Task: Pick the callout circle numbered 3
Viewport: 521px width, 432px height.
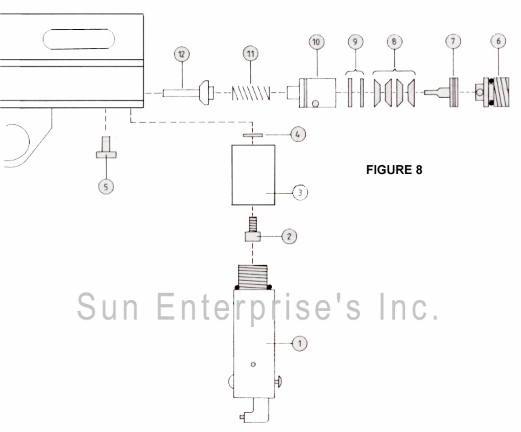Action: click(x=300, y=193)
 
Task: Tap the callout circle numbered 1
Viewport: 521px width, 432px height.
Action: click(x=299, y=343)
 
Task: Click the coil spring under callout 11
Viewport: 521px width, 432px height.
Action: click(x=251, y=93)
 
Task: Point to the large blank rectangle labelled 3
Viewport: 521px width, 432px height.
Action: click(x=253, y=175)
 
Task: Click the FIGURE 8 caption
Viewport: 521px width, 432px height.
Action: click(x=394, y=170)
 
